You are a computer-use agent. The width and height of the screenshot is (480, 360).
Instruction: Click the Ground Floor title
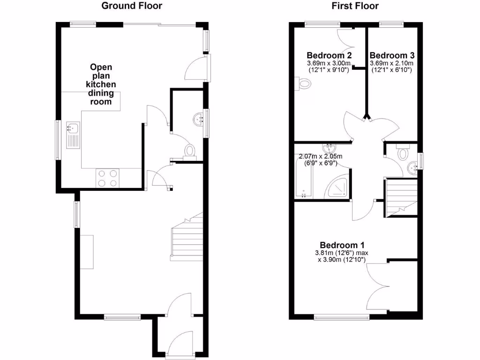click(132, 6)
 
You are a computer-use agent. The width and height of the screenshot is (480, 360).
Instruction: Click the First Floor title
click(355, 6)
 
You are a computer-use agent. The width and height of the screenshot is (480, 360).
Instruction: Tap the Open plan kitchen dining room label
click(101, 84)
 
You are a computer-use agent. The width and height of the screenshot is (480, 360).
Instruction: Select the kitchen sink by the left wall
click(73, 135)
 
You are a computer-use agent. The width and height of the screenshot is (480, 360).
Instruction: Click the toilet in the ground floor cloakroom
click(189, 151)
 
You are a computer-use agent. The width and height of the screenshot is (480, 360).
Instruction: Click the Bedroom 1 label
click(342, 245)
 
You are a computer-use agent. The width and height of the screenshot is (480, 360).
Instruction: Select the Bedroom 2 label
click(329, 55)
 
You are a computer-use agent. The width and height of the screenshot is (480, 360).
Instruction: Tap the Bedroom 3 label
click(392, 55)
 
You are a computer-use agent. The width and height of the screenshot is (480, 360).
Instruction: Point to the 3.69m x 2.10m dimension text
click(392, 63)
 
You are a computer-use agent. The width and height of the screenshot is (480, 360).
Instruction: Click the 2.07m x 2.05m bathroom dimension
click(321, 157)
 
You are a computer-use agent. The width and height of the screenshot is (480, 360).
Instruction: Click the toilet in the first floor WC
click(403, 153)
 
